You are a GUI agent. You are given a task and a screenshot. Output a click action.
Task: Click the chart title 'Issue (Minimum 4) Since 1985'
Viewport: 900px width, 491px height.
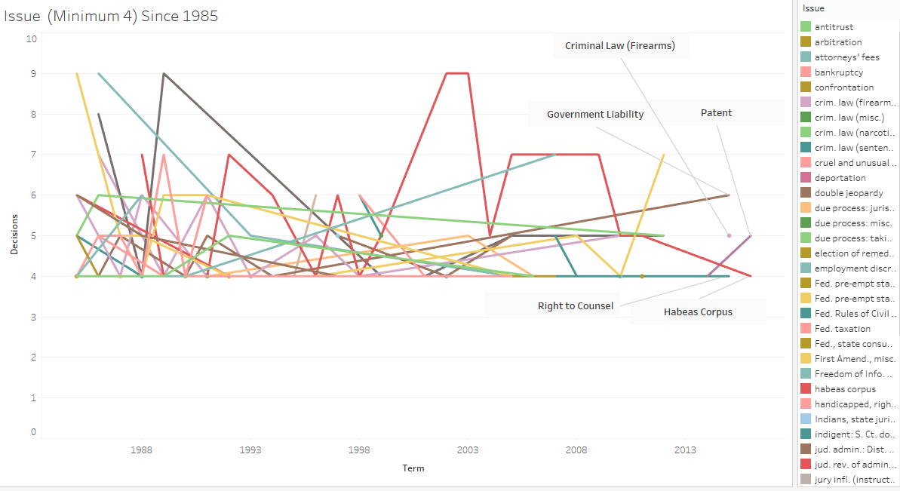(x=112, y=16)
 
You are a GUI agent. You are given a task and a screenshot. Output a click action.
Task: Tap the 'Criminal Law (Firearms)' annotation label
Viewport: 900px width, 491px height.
(x=619, y=46)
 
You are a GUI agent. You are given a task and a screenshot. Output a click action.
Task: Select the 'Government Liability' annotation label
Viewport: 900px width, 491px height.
(x=595, y=115)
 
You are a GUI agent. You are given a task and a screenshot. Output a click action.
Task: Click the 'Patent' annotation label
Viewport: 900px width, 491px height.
(x=716, y=113)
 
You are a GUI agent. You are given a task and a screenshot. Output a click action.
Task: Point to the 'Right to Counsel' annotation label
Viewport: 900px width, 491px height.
(x=575, y=305)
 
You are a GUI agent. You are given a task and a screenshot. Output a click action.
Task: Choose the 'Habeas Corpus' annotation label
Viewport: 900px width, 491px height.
(x=698, y=311)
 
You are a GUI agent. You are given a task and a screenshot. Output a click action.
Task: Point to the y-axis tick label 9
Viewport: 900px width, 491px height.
(x=32, y=74)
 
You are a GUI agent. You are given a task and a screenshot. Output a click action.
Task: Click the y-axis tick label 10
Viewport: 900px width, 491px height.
(x=30, y=38)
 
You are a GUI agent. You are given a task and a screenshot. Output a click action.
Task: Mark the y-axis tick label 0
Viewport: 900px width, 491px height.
(x=32, y=432)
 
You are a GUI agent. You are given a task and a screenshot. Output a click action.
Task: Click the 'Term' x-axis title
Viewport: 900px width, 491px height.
(x=413, y=468)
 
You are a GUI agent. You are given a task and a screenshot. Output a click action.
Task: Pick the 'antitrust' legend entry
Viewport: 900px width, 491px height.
(x=834, y=27)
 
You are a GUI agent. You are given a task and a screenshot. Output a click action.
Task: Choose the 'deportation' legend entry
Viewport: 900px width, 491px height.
(x=840, y=178)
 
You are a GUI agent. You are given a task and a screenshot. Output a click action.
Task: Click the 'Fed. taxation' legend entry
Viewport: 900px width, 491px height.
(x=842, y=329)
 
